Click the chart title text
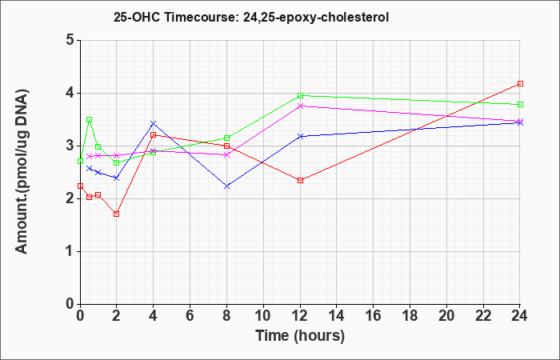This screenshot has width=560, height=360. click(x=251, y=17)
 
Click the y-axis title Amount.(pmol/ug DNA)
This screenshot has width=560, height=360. click(x=22, y=172)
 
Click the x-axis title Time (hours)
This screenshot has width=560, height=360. click(x=300, y=336)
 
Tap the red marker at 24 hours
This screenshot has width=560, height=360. click(x=520, y=83)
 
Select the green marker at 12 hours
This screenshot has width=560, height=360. click(x=300, y=95)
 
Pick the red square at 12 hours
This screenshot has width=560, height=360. click(x=300, y=180)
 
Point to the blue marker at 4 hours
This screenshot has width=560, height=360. click(x=154, y=123)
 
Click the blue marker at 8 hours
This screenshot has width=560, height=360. click(x=226, y=186)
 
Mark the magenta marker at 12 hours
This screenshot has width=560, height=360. click(x=300, y=106)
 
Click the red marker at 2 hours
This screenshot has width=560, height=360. click(x=116, y=214)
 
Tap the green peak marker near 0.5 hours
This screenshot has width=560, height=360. click(x=90, y=120)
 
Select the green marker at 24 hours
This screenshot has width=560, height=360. click(x=520, y=104)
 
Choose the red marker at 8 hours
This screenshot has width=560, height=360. click(x=226, y=146)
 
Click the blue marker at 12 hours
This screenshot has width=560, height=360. click(x=300, y=137)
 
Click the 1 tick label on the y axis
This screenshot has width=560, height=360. click(x=70, y=251)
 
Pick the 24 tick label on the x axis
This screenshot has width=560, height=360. click(x=520, y=316)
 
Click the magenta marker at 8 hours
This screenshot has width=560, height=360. click(x=226, y=154)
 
